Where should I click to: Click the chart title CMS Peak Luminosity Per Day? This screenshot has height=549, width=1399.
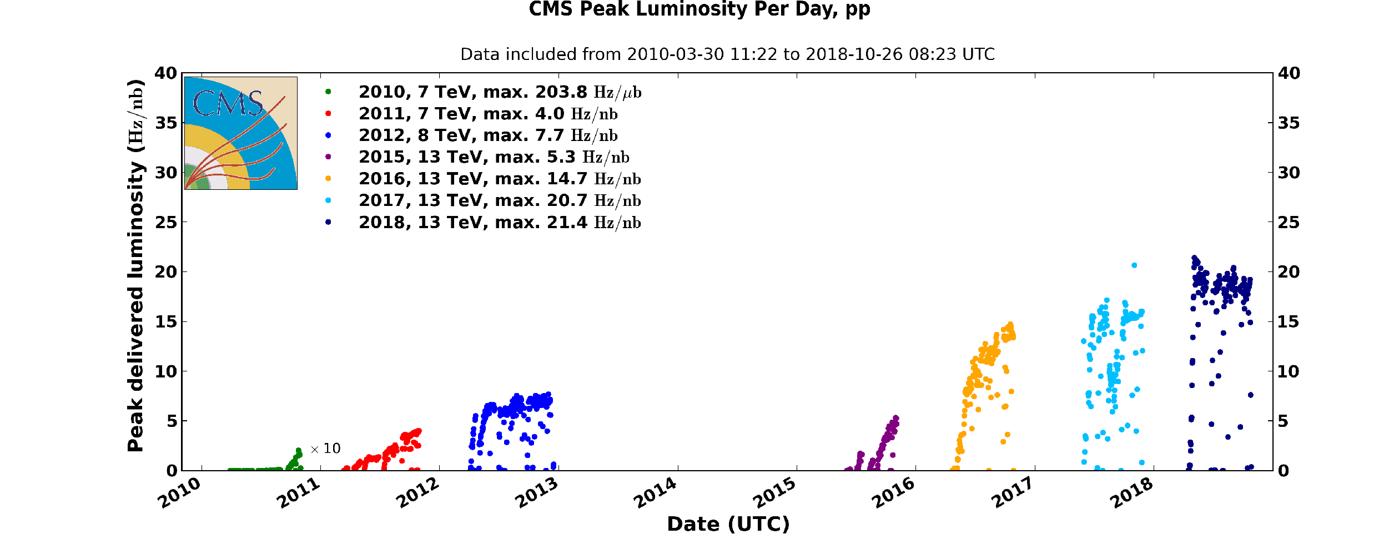(x=699, y=9)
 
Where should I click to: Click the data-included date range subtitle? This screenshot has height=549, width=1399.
(x=727, y=54)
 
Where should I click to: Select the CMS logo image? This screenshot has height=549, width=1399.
(x=241, y=133)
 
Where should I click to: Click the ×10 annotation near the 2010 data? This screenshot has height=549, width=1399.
(x=325, y=449)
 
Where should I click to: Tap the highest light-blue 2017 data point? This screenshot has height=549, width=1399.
(x=1134, y=265)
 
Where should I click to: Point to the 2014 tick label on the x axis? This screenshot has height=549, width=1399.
(x=655, y=493)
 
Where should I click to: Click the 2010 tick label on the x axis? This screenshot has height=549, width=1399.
(x=179, y=493)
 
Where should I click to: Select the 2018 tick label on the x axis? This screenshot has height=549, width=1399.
(x=1131, y=493)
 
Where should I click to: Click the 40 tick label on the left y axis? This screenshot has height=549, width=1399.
(x=165, y=73)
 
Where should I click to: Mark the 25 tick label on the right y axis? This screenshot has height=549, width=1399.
(x=1289, y=223)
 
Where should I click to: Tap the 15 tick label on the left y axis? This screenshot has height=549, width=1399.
(x=165, y=322)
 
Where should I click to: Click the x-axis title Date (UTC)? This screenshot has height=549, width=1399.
(x=728, y=524)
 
